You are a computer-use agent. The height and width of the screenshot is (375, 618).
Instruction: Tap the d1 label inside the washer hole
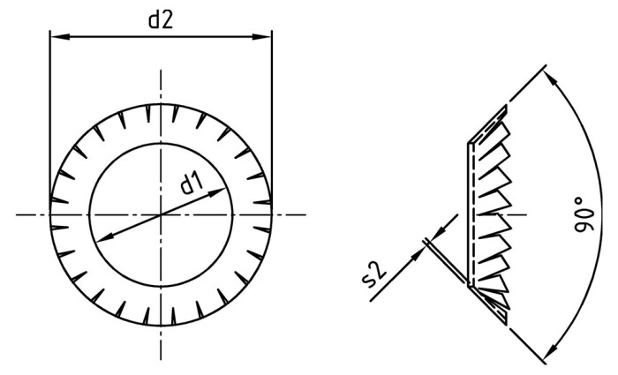(192, 184)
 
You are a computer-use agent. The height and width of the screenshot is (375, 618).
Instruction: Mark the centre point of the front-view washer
(161, 214)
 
